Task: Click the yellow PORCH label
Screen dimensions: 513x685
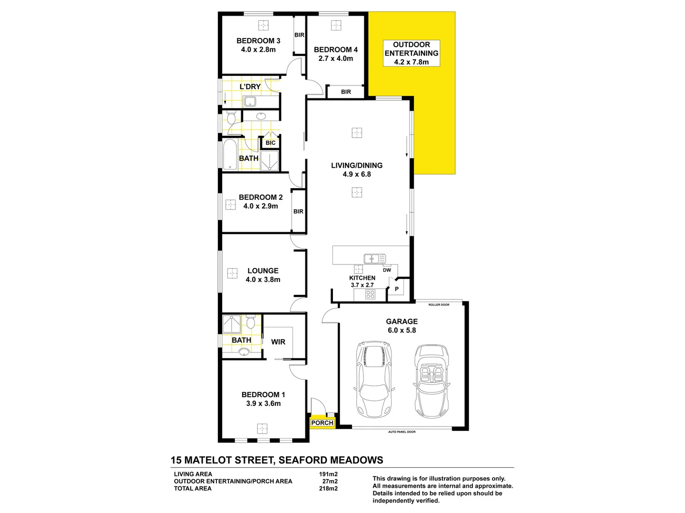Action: [322, 423]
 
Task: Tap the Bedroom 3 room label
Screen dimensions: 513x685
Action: [258, 41]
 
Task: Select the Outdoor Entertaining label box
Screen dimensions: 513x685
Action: [411, 53]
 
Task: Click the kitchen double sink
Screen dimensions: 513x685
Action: [374, 259]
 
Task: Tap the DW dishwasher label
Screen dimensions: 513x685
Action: [387, 270]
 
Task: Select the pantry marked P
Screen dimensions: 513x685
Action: [397, 289]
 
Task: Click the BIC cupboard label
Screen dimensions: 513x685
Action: [270, 143]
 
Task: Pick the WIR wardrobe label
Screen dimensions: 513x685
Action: [278, 342]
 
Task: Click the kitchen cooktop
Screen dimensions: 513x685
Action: [370, 294]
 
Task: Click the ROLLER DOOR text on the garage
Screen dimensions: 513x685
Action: [439, 304]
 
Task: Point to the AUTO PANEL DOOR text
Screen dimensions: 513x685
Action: [401, 432]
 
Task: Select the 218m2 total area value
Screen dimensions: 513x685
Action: [328, 488]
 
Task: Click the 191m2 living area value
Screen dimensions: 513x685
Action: [328, 474]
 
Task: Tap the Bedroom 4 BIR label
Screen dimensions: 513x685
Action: [346, 92]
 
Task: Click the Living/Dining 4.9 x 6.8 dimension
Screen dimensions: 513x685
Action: [357, 174]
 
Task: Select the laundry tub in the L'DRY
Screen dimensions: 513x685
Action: [250, 101]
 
